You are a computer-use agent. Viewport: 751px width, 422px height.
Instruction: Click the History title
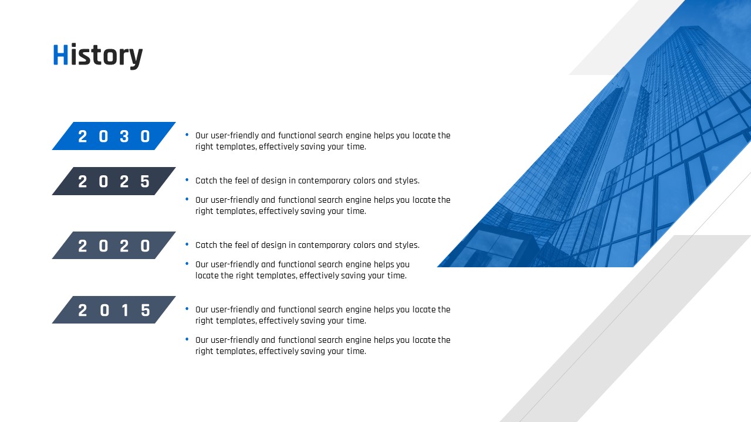coord(98,56)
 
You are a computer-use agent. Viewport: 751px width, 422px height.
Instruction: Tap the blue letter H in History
coord(60,55)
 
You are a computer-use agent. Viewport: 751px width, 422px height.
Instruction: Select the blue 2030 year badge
coord(114,136)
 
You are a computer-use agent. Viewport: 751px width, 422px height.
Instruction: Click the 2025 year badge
coord(114,181)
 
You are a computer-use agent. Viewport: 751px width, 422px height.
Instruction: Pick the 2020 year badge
coord(114,246)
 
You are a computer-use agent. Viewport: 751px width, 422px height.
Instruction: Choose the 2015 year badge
coord(114,310)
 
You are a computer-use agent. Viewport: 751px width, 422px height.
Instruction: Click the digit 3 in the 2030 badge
coord(124,137)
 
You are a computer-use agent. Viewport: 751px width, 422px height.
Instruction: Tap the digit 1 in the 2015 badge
coord(125,310)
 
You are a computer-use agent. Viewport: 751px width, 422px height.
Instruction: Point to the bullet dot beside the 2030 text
coord(187,135)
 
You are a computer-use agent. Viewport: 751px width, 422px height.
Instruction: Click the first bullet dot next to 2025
coord(187,180)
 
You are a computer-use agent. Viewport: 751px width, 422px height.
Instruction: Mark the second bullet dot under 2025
coord(187,199)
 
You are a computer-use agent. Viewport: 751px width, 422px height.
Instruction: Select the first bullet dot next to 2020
coord(187,244)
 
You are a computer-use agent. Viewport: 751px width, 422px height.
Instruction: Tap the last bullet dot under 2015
coord(187,339)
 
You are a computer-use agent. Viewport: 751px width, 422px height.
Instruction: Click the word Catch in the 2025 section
coord(206,181)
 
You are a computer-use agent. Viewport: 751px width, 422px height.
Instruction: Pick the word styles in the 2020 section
coord(407,245)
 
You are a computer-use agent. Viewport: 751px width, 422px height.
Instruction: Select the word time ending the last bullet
coord(356,351)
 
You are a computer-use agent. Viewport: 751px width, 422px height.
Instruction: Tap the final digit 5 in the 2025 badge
coord(145,182)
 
